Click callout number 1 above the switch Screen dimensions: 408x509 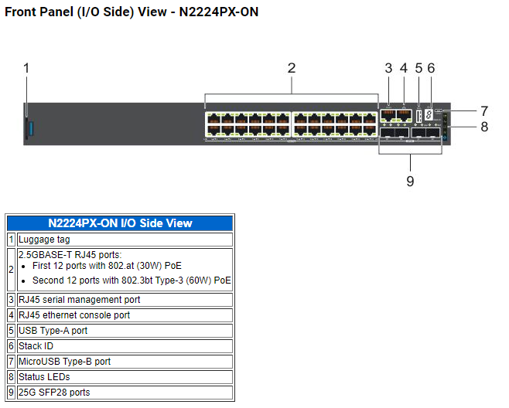click(26, 68)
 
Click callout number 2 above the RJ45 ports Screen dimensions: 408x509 click(292, 68)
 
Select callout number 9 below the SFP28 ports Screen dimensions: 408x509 click(410, 182)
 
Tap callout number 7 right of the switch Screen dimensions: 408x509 click(484, 110)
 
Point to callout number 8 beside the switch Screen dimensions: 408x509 click(484, 127)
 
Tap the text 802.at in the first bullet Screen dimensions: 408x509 click(126, 265)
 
